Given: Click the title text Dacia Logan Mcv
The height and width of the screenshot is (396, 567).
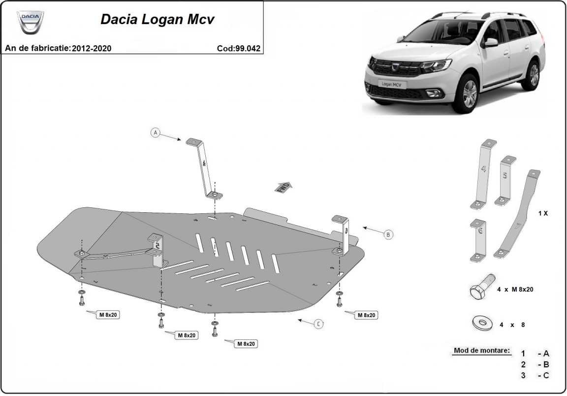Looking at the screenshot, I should [157, 19].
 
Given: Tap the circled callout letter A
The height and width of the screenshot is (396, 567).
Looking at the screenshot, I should [156, 132].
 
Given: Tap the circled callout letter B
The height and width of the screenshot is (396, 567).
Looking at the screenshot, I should [388, 235].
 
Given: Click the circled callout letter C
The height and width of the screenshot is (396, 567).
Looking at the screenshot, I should [318, 324].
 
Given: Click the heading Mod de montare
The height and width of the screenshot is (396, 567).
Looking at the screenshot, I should [481, 351].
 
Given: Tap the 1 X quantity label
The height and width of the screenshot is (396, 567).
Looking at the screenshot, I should [542, 214].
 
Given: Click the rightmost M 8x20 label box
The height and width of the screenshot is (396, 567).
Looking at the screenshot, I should [367, 315].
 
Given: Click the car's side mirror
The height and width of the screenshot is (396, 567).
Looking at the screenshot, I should [490, 42].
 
